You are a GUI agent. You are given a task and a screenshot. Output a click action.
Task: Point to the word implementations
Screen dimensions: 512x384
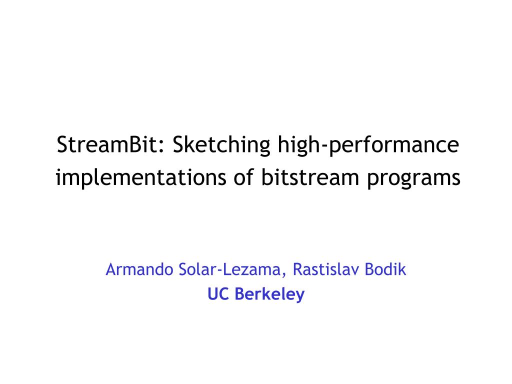click(140, 178)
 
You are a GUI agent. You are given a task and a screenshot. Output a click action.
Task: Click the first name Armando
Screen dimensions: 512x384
click(139, 269)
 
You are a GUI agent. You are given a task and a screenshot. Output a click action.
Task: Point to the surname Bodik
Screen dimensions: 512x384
click(385, 269)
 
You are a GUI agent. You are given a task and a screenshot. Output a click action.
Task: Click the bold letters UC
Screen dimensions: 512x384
click(218, 294)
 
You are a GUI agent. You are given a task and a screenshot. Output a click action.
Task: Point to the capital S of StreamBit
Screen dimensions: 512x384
click(62, 144)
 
